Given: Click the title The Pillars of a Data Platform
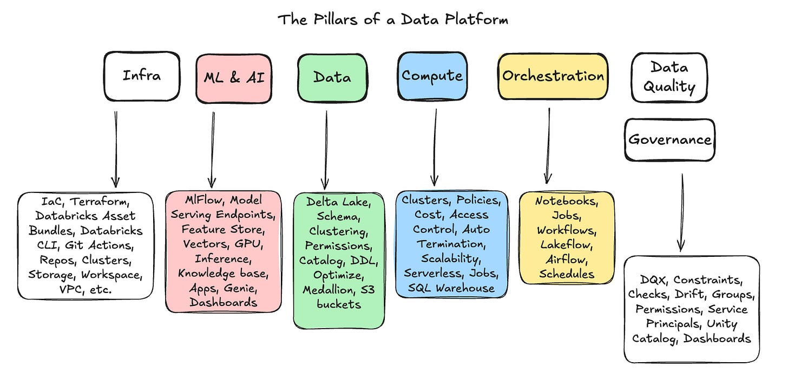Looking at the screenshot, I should (393, 20).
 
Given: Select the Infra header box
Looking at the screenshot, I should (142, 76).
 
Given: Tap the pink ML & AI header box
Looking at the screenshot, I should (234, 78).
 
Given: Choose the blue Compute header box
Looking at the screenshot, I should (432, 76).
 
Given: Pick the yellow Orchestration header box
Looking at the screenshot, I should (553, 76).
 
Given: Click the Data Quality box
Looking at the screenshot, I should (668, 78).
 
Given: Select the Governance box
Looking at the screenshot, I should (669, 140).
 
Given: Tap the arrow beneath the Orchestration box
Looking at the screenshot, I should (548, 146).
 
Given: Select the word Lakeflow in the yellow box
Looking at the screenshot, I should (566, 244).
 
